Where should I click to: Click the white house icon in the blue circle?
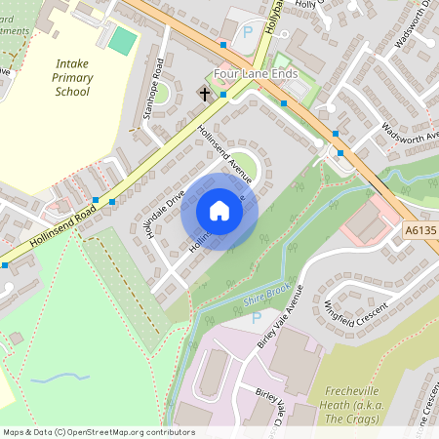[x=219, y=211]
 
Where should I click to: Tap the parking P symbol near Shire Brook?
[x=257, y=317]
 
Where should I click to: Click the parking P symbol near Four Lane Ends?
[x=247, y=32]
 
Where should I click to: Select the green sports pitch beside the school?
[x=122, y=40]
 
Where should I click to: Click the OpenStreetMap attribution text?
[x=98, y=432]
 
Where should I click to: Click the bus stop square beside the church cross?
[x=223, y=95]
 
